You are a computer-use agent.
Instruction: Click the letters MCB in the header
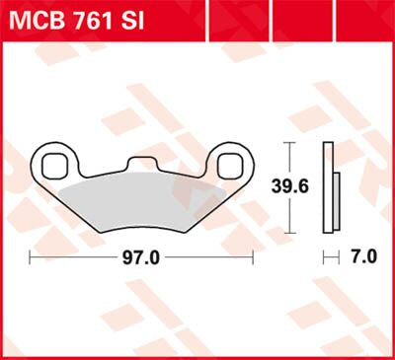coord(37,19)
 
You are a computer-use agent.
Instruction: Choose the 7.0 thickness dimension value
coord(363,257)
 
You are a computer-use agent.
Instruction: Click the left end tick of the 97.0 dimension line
coord(31,257)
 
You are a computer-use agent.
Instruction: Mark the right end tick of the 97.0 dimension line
coord(256,257)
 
